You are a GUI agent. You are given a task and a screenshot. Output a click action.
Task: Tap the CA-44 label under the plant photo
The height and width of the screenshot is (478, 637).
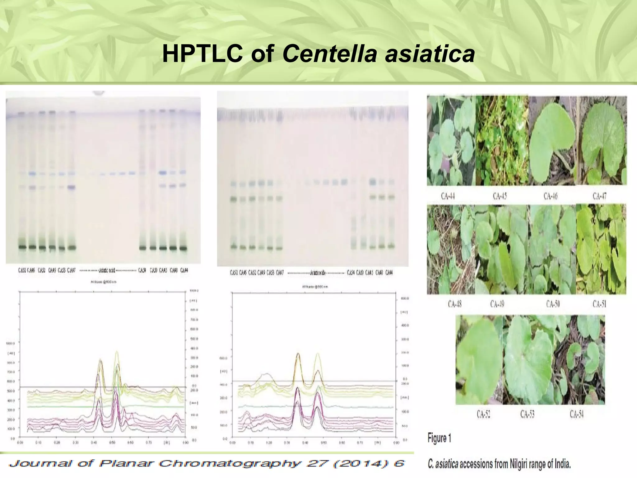coord(448,196)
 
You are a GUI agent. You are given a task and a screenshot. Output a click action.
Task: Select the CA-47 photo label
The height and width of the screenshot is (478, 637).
coord(599,196)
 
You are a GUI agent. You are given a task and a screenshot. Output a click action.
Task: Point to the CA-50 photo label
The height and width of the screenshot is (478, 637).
coord(553,304)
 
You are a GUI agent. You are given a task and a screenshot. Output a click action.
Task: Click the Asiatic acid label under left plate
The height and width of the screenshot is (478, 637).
coord(107,270)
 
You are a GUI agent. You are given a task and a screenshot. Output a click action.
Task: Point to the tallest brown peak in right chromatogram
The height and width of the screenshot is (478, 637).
coord(298,354)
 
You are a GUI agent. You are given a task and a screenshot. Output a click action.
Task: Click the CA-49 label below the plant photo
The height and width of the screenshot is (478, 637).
coord(497,304)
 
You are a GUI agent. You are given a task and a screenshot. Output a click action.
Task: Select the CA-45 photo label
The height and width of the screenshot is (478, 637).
coord(500,196)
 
